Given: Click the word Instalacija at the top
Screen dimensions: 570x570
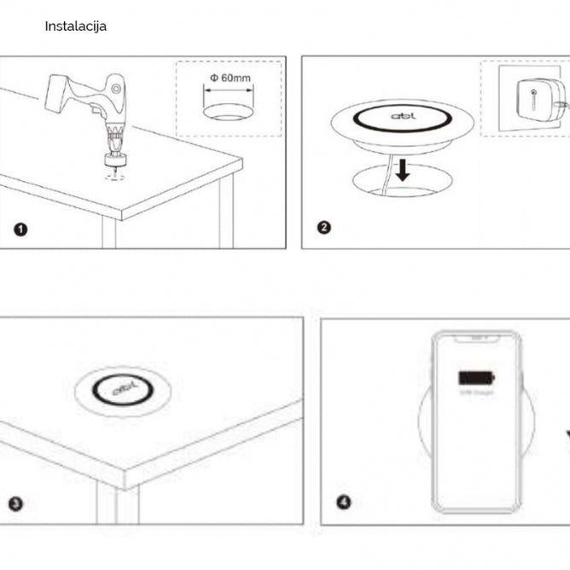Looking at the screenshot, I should pyautogui.click(x=75, y=26).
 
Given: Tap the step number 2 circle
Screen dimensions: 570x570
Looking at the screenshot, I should pyautogui.click(x=323, y=228).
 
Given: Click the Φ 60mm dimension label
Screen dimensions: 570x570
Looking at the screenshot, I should pyautogui.click(x=229, y=79).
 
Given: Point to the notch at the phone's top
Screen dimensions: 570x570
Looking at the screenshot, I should pyautogui.click(x=475, y=339).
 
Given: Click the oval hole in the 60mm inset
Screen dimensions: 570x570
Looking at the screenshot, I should pyautogui.click(x=228, y=113).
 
